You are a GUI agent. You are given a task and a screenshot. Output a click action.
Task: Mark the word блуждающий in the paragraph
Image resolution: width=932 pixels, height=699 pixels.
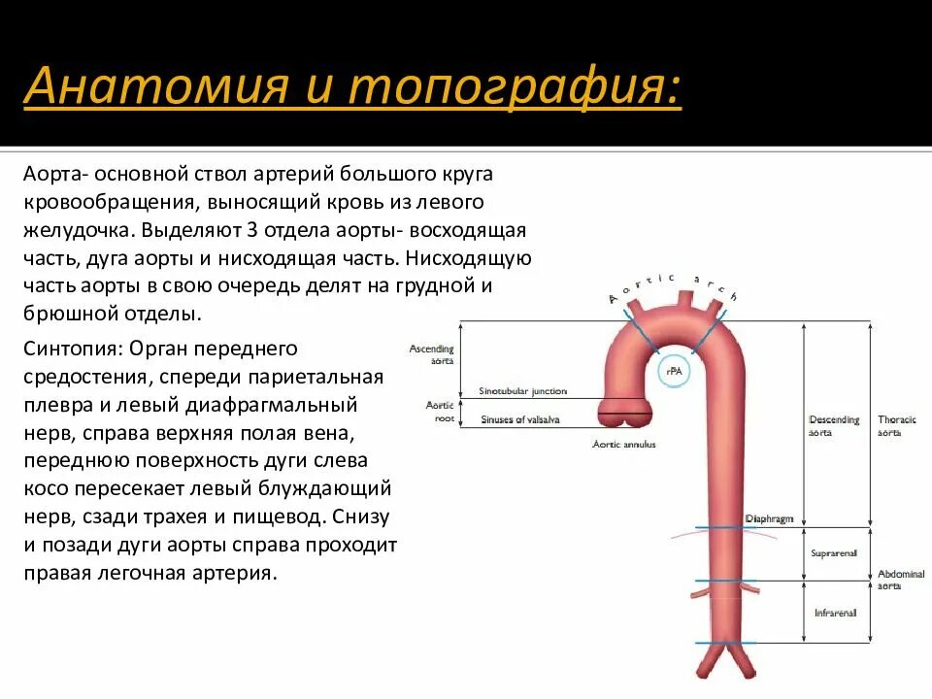pyautogui.click(x=336, y=488)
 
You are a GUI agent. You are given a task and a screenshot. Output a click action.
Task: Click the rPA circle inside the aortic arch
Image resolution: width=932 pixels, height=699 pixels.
pyautogui.click(x=672, y=370)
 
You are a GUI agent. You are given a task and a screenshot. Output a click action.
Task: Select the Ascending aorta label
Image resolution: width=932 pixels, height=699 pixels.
pyautogui.click(x=432, y=354)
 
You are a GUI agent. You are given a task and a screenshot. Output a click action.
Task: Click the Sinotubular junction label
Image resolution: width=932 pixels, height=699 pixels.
pyautogui.click(x=522, y=391)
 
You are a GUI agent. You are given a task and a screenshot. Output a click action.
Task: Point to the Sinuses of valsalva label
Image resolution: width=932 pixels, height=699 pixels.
pyautogui.click(x=520, y=419)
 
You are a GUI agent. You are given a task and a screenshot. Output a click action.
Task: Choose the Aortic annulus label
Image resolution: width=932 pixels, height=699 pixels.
pyautogui.click(x=624, y=444)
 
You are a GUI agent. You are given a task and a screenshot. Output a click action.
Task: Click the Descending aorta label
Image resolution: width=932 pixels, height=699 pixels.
pyautogui.click(x=834, y=425)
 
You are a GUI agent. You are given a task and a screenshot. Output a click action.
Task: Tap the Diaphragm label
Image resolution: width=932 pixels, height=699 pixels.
pyautogui.click(x=769, y=519)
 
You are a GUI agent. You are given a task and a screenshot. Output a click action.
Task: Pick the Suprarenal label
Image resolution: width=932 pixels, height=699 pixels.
pyautogui.click(x=834, y=553)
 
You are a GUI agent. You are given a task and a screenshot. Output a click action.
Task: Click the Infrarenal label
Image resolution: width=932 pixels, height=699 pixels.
pyautogui.click(x=833, y=613)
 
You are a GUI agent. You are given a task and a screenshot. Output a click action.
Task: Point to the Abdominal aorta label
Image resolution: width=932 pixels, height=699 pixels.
pyautogui.click(x=900, y=580)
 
